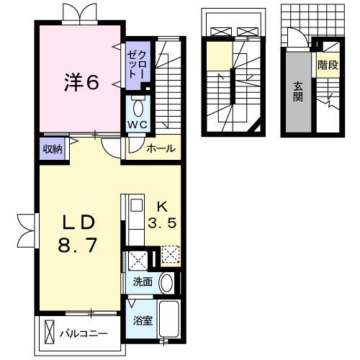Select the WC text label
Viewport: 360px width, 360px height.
point(138,124)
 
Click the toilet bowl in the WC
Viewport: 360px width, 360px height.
point(139,108)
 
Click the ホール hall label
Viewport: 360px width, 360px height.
point(160,149)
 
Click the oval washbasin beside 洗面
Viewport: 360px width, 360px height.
point(166,282)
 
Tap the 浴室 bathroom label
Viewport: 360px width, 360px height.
point(143,320)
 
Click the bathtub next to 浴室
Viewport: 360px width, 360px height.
point(168,319)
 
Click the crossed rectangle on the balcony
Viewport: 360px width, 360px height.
point(49,333)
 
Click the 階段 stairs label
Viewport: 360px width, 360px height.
point(327,65)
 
